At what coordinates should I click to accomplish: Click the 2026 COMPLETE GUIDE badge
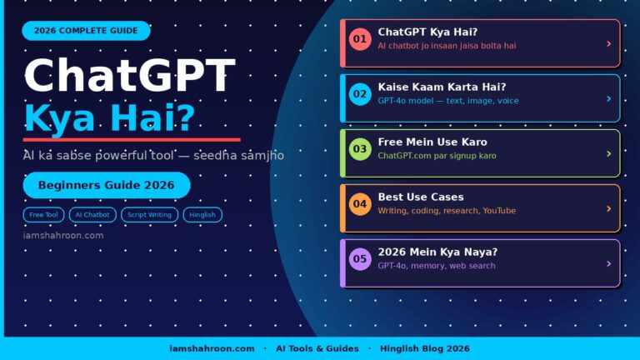[86, 31]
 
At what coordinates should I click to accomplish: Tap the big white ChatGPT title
[129, 76]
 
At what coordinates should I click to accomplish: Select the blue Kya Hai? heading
[110, 118]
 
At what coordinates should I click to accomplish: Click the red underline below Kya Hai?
[132, 139]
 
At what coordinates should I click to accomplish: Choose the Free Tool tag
[43, 214]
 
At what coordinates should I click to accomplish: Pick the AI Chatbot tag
[92, 214]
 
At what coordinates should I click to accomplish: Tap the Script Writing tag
[149, 214]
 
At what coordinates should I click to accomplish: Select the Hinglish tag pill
[202, 214]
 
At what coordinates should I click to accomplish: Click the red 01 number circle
[360, 39]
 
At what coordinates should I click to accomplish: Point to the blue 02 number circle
[360, 94]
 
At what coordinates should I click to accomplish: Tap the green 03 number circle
[360, 149]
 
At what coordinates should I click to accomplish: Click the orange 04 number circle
[360, 204]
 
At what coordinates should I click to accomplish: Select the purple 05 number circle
[360, 259]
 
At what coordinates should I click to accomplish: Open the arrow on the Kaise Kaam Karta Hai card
[609, 98]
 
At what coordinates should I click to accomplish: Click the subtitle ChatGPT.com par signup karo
[437, 156]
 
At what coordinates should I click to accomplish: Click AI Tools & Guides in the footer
[317, 348]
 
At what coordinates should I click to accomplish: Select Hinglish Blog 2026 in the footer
[424, 348]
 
